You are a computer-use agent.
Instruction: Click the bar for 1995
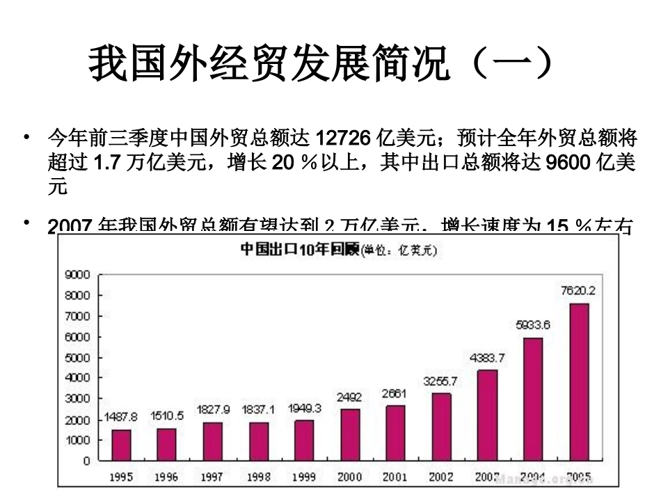(x=122, y=445)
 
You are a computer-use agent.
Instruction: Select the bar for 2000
(x=350, y=435)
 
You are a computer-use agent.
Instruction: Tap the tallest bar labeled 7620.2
(x=579, y=382)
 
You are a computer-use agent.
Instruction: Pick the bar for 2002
(x=441, y=426)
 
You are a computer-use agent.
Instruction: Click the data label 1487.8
(x=121, y=416)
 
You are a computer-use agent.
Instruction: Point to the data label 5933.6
(x=533, y=324)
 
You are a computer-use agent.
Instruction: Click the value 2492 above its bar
(x=350, y=397)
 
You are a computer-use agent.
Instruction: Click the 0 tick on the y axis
(x=86, y=461)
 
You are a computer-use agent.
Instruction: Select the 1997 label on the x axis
(x=212, y=478)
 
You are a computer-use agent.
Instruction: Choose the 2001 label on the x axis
(x=395, y=478)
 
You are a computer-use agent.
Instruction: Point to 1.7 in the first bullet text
(x=108, y=162)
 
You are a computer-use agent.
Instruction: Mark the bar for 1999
(x=304, y=440)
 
